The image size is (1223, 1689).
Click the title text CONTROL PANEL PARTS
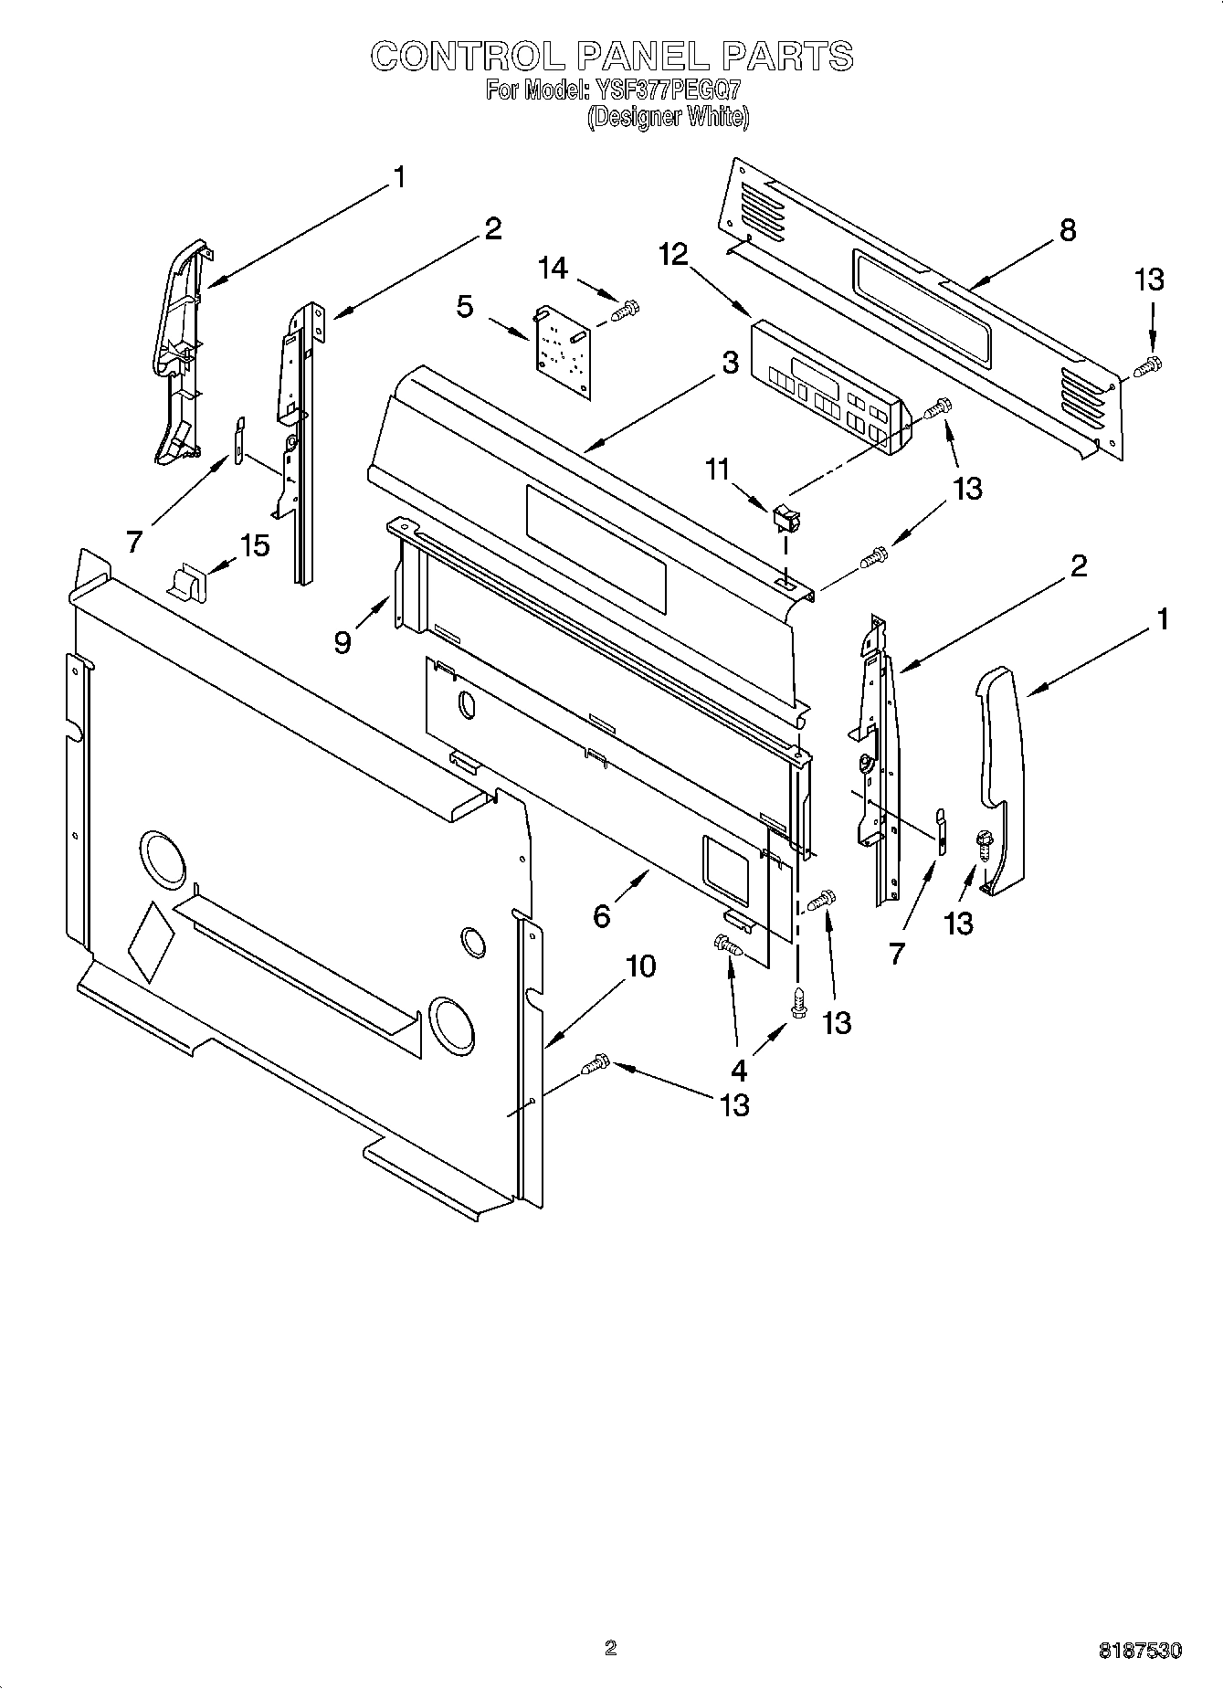[611, 57]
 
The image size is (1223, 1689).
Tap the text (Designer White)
[668, 117]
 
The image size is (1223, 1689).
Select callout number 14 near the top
[553, 268]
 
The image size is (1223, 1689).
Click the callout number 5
[465, 307]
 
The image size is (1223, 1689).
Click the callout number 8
[1067, 230]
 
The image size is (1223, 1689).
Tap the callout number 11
[718, 470]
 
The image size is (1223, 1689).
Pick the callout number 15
[255, 546]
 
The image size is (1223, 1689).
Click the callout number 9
[342, 643]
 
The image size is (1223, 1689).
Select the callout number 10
[641, 966]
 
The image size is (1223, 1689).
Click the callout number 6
[601, 915]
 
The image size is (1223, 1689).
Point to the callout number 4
[738, 1069]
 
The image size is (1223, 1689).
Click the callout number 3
[730, 363]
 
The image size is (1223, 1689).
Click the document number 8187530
[1140, 1651]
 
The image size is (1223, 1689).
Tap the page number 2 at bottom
[611, 1648]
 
